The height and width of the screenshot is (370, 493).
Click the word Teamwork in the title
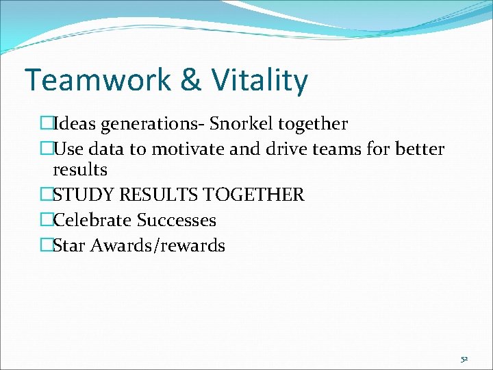coord(97,80)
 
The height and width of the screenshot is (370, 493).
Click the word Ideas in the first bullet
coord(75,124)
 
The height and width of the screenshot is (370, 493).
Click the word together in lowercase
coord(314,124)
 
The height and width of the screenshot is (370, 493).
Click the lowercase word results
coord(80,169)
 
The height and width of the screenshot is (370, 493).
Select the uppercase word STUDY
coord(83,195)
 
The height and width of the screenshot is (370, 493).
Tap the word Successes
coord(176,220)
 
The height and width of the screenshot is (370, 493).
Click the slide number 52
coord(464,358)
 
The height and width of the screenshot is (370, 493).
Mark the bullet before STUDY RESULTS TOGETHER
coord(46,195)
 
